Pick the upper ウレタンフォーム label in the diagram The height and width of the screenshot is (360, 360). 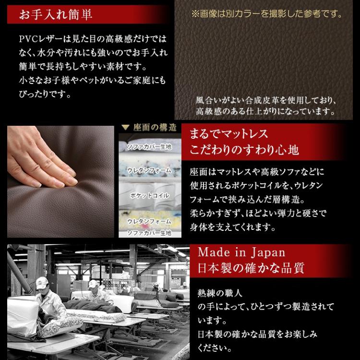coord(148,170)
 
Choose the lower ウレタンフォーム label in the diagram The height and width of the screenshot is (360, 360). coord(148,221)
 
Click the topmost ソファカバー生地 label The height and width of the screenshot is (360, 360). coord(148,146)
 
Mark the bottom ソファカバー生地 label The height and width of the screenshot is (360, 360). coord(148,232)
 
